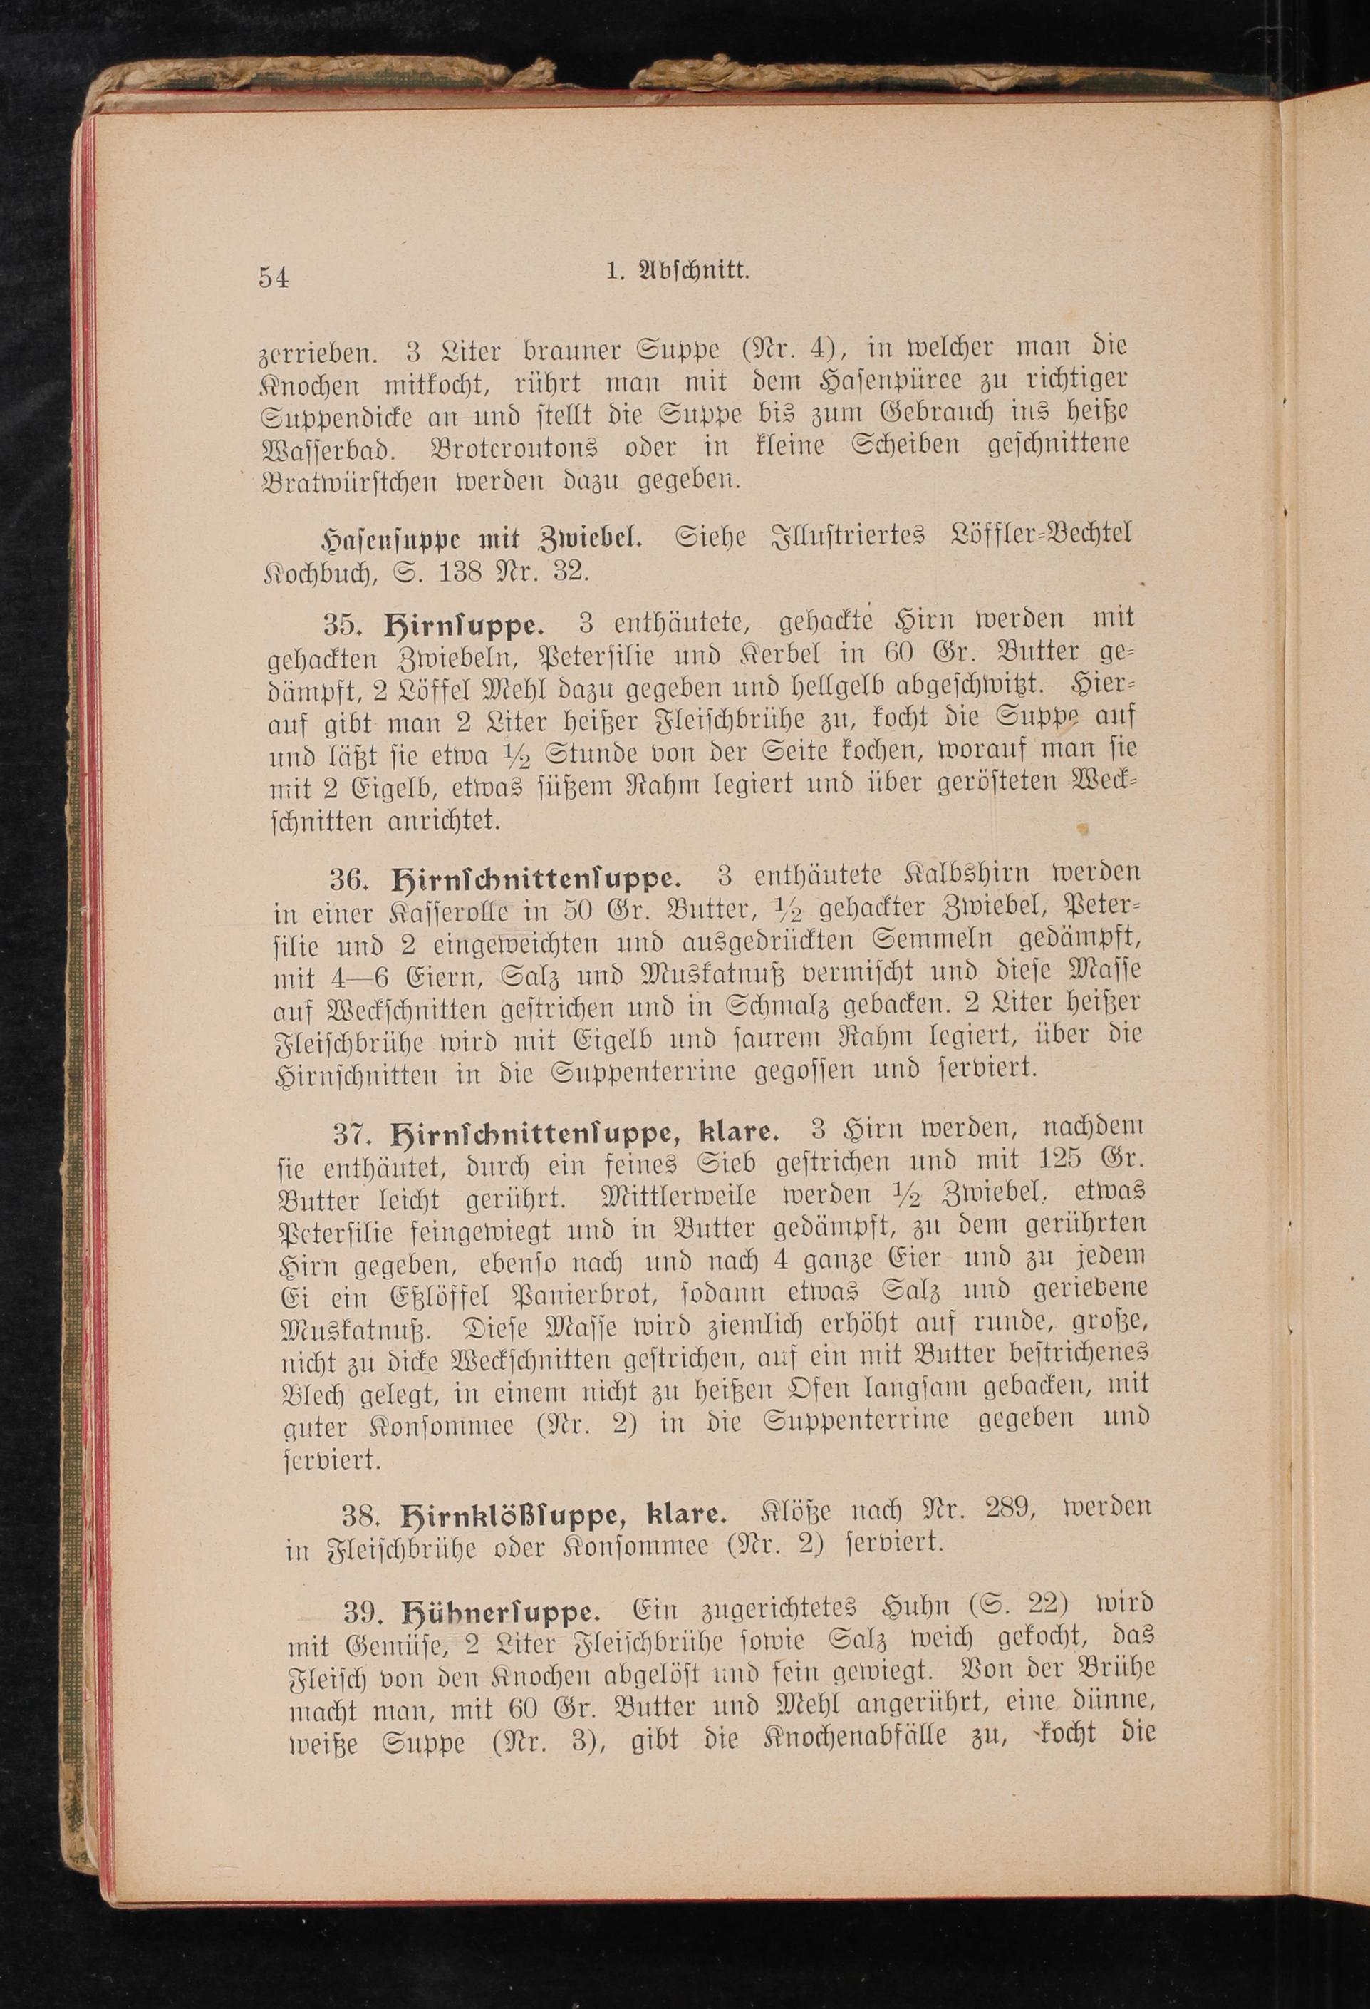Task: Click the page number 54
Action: (273, 277)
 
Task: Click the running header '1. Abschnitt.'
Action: (678, 271)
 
